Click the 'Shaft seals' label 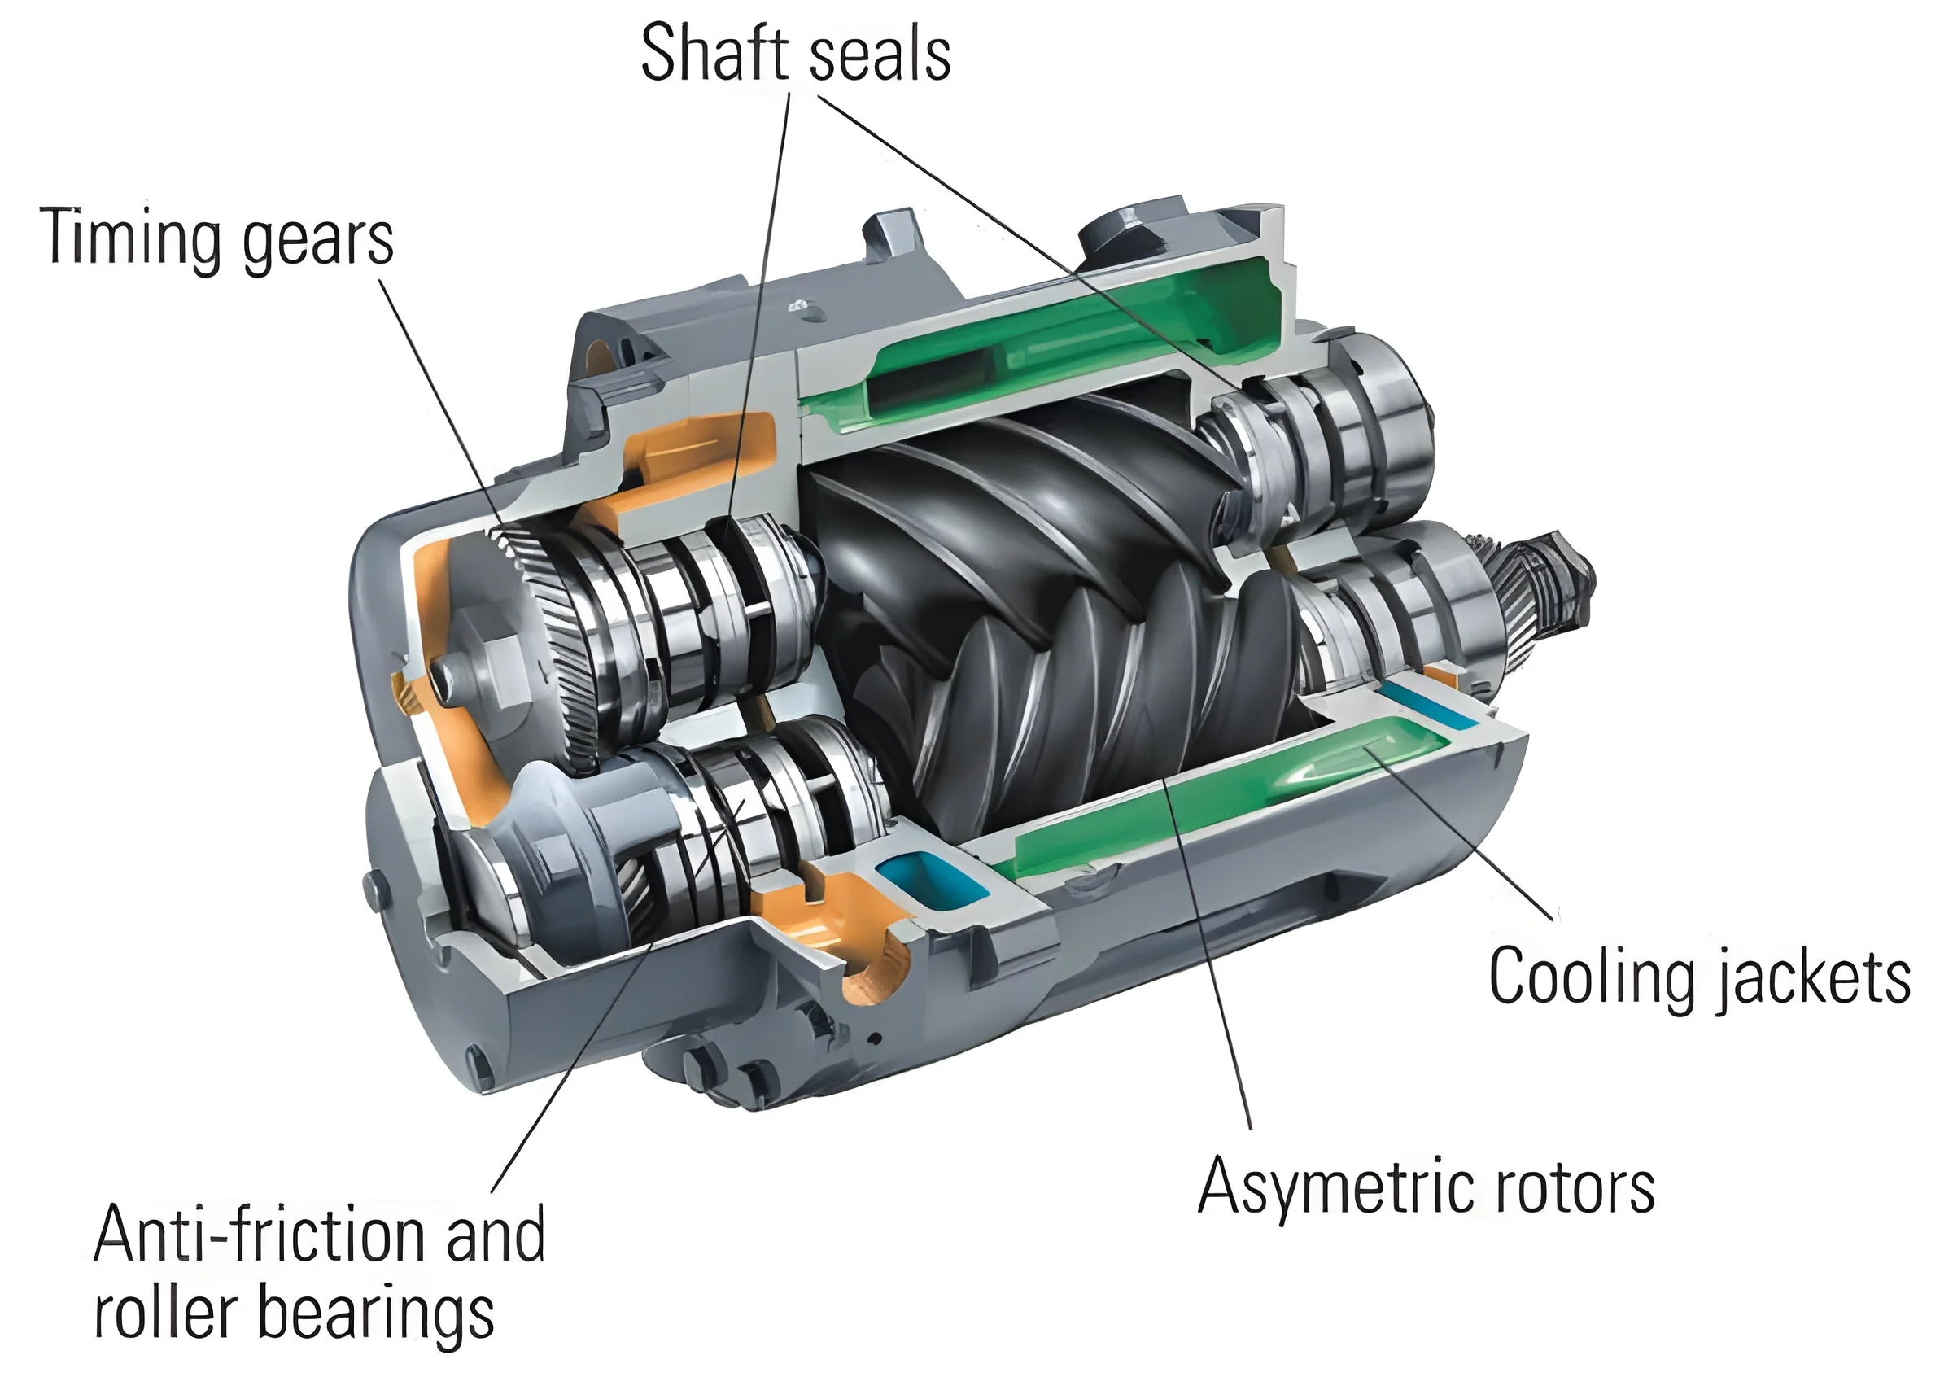tap(795, 53)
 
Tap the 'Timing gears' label tap(217, 239)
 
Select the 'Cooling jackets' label tap(1701, 978)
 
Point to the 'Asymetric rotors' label tap(1427, 1187)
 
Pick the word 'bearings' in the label tap(375, 1316)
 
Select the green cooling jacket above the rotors tap(1064, 340)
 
